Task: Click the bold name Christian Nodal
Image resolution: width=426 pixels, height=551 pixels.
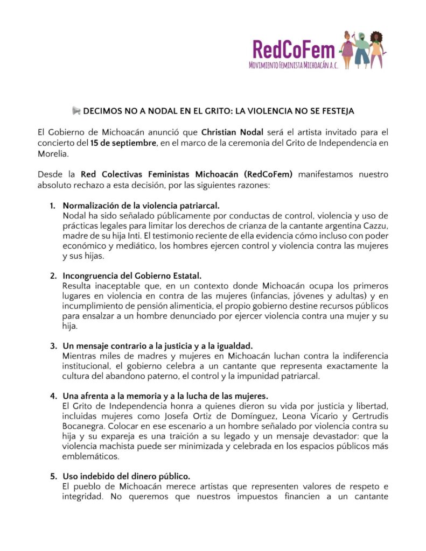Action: tap(232, 132)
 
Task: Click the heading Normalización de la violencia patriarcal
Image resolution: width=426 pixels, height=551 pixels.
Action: tap(141, 206)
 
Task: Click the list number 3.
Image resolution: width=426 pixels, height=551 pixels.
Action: tap(54, 345)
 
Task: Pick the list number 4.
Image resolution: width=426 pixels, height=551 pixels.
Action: tap(54, 395)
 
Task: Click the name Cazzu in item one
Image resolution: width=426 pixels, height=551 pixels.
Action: tap(375, 226)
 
